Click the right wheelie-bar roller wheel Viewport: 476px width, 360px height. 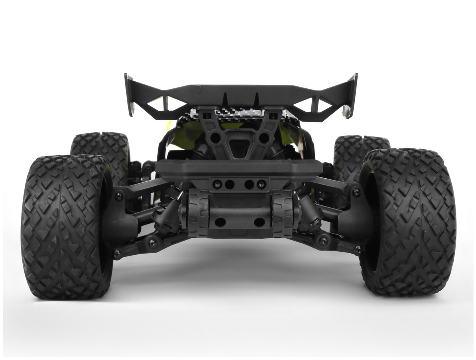point(282,214)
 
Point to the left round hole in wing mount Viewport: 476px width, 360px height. point(215,138)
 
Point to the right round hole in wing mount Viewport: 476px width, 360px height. point(264,138)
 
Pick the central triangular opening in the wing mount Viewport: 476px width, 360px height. point(239,147)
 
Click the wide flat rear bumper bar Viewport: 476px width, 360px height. point(239,168)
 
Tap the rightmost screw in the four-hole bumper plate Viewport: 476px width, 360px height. point(261,184)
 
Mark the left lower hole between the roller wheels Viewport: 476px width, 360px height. point(220,222)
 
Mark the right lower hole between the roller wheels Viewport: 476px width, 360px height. point(259,222)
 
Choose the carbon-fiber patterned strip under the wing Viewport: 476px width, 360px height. point(239,113)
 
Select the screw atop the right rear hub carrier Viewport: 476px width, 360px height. point(356,192)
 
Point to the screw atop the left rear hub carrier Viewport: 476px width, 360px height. point(119,195)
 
